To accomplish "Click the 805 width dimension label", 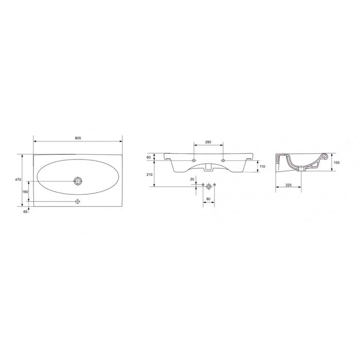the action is point(78,138).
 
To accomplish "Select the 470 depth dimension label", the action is point(19,179).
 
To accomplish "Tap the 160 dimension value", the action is point(25,192).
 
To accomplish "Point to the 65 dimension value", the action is point(26,212).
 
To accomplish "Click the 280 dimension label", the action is point(208,142).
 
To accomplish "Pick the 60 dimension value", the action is point(149,157).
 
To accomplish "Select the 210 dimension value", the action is point(150,175).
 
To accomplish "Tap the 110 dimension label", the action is point(262,167).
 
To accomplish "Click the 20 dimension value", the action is point(192,179).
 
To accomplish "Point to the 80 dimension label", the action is point(208,199).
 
